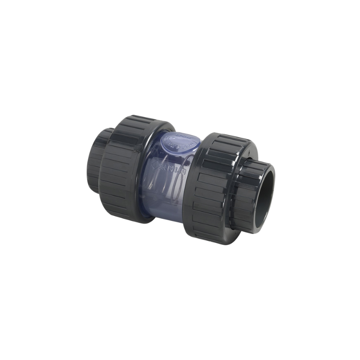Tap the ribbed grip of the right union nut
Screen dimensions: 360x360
(x=211, y=189)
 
